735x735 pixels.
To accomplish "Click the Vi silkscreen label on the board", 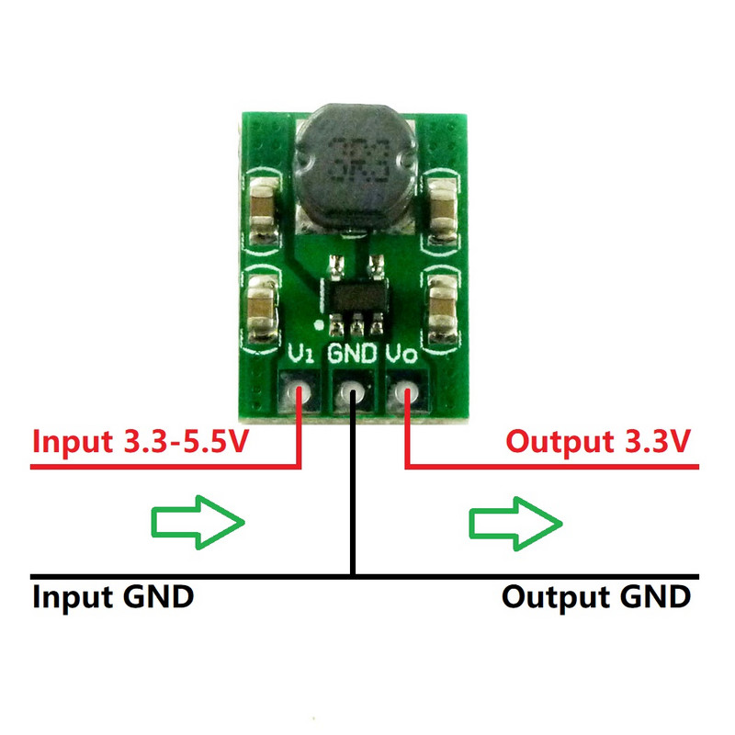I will tap(300, 354).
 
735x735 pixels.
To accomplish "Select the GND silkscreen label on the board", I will tap(354, 354).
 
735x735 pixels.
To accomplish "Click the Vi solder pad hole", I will tap(300, 395).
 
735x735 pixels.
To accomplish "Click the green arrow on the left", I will tap(197, 523).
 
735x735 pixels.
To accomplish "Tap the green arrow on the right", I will tap(514, 523).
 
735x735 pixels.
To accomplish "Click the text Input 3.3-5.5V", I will tap(141, 442).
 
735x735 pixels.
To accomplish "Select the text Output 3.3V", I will tap(598, 442).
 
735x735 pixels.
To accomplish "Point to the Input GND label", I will tap(113, 597).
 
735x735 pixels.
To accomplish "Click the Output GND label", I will tap(595, 597).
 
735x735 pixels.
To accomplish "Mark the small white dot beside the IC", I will tap(318, 325).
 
